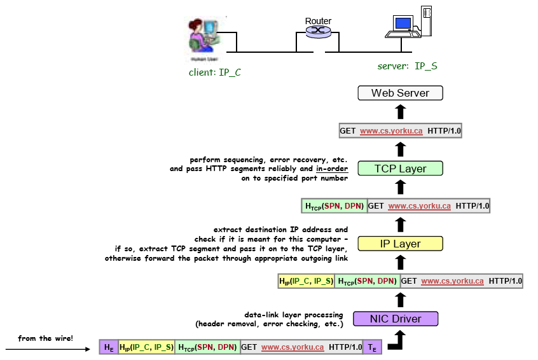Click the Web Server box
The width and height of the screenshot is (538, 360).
(x=400, y=93)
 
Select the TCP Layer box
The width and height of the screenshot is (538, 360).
(x=400, y=169)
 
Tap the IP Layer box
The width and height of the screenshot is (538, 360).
(x=400, y=244)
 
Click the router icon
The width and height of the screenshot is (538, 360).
(x=318, y=32)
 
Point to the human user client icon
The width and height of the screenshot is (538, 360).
(x=204, y=38)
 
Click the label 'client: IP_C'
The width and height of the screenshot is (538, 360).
(x=215, y=73)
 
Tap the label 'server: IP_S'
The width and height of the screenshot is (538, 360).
(x=408, y=66)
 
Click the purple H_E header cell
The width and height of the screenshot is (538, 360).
(x=109, y=347)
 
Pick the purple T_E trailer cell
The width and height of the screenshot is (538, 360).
(x=371, y=347)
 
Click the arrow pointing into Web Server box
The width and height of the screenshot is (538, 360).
(x=400, y=112)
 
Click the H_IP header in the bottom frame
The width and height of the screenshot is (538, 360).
(x=146, y=347)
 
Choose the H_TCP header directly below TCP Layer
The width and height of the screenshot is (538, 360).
(x=335, y=206)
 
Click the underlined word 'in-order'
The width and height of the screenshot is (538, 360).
(x=332, y=169)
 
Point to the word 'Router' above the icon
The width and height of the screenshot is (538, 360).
(x=318, y=21)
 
